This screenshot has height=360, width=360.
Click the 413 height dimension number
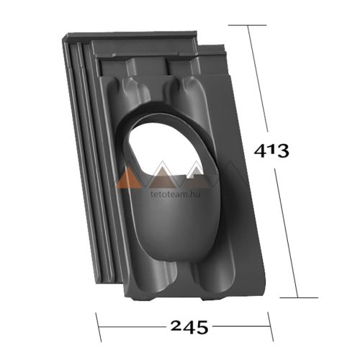coord(271,151)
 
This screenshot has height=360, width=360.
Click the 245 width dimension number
coord(189,327)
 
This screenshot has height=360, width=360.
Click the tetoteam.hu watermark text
coord(176,194)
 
